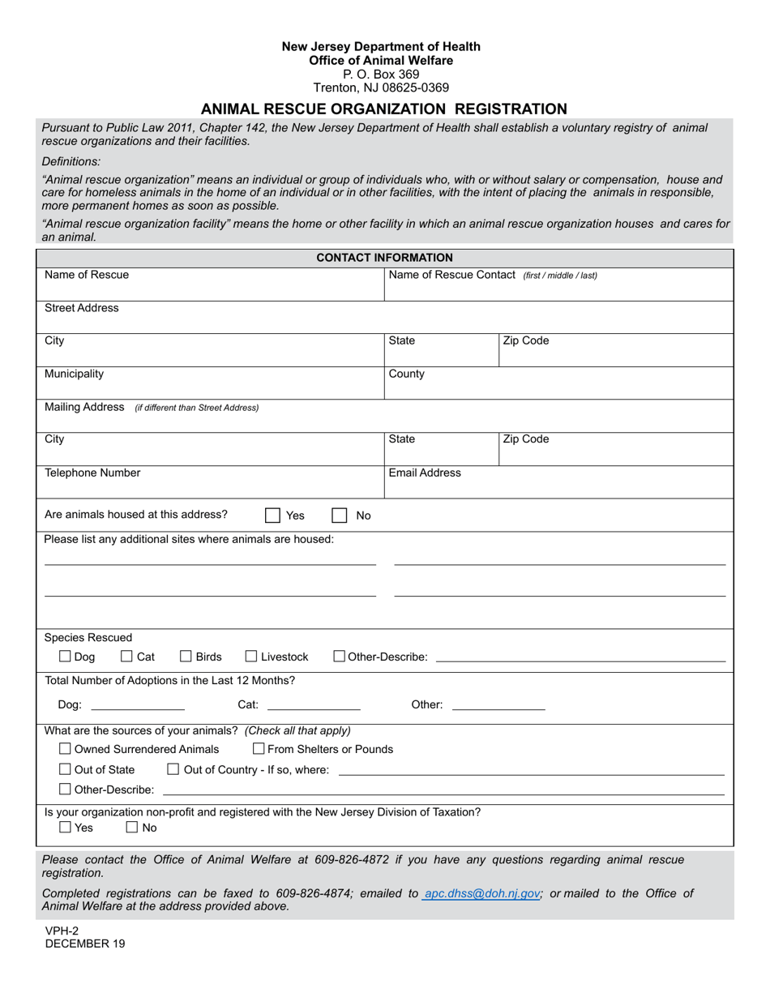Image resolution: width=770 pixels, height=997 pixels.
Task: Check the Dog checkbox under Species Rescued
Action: (x=66, y=657)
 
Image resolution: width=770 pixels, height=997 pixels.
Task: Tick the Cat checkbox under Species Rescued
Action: (x=126, y=657)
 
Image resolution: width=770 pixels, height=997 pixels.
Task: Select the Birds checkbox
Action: (x=186, y=657)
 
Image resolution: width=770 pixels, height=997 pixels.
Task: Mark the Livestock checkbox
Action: (x=251, y=657)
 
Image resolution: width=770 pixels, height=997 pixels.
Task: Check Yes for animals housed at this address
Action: (x=273, y=516)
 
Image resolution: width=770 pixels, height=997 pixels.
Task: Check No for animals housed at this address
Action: (x=340, y=516)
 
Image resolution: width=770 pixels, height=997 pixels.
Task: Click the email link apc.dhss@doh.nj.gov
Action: (x=482, y=893)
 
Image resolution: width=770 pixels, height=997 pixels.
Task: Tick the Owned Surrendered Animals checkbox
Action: (x=66, y=749)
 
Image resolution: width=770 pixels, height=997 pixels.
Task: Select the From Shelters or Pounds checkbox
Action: (x=259, y=749)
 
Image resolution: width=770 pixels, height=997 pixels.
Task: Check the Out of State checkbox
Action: (x=66, y=769)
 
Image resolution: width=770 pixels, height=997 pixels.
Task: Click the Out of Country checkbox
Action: (x=173, y=769)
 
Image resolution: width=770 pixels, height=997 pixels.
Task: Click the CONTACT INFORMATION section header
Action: (x=384, y=258)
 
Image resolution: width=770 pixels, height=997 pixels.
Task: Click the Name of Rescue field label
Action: (x=87, y=275)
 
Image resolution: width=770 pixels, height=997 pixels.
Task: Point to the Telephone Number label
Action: (x=92, y=473)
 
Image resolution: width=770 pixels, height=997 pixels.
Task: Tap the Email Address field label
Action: (x=425, y=473)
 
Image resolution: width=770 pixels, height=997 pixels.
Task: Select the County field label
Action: (x=407, y=374)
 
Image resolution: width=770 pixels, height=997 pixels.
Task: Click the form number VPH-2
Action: (x=62, y=931)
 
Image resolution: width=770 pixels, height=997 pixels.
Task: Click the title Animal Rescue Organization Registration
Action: (x=384, y=109)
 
